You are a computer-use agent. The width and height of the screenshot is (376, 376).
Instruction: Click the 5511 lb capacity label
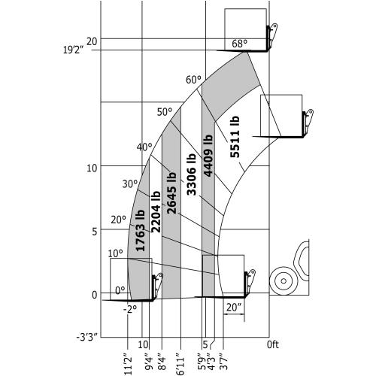click(235, 137)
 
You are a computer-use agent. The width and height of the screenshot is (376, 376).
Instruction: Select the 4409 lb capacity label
click(208, 156)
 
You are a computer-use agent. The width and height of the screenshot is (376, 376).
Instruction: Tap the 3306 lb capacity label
click(192, 174)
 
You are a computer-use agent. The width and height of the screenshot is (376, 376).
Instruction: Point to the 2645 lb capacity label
click(171, 193)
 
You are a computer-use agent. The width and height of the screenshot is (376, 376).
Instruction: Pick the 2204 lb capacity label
click(156, 212)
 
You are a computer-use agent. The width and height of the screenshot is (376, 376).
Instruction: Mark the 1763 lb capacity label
click(140, 230)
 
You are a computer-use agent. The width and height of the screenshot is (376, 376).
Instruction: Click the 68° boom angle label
click(239, 44)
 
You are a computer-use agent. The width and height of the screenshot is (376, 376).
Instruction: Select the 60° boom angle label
click(193, 80)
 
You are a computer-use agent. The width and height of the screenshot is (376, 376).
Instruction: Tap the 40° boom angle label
click(144, 147)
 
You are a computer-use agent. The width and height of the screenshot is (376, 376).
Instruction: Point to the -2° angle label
click(130, 308)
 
